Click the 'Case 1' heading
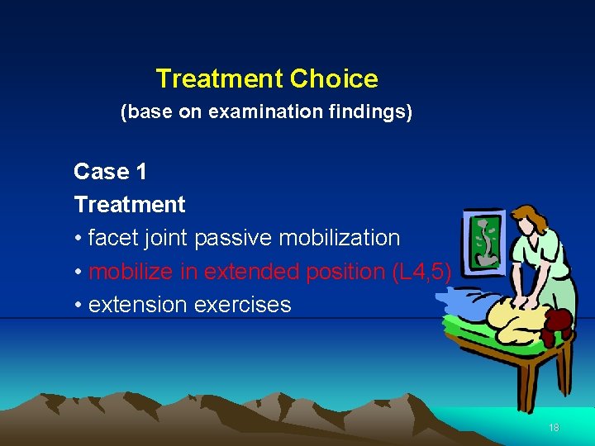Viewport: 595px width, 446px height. (110, 172)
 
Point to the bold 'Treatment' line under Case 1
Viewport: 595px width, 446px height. (130, 204)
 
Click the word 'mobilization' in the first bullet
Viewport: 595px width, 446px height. (340, 238)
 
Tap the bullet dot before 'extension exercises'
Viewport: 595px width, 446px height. (78, 305)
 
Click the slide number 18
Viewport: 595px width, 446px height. (554, 428)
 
